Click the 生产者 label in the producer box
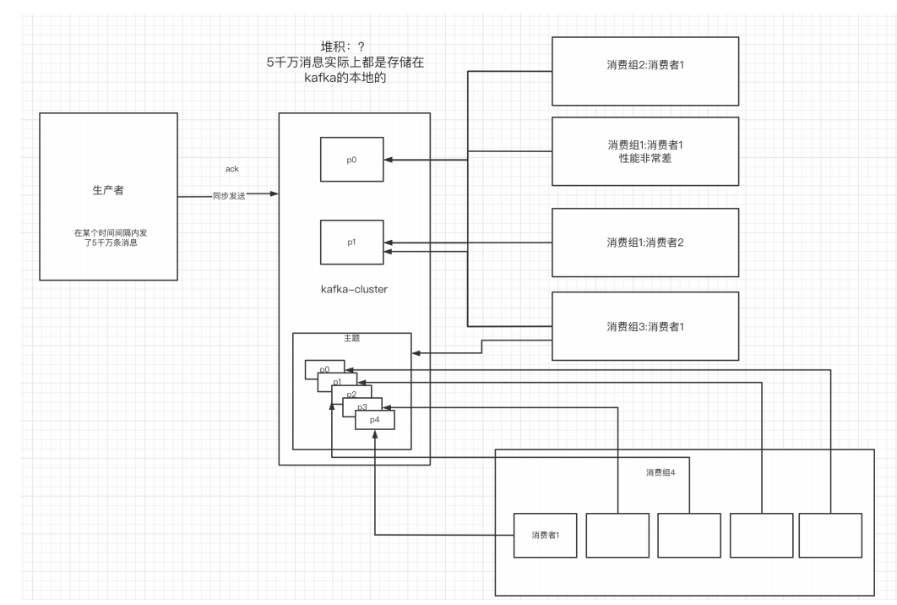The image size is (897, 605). coord(108,191)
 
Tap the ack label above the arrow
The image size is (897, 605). coord(232,169)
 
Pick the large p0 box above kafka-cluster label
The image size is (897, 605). coord(351,159)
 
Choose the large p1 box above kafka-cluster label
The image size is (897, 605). coord(351,241)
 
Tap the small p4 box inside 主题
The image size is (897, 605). coord(375,420)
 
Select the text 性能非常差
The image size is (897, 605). coord(644,159)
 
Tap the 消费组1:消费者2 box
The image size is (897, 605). coord(644,243)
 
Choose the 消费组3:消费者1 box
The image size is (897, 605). coord(644,325)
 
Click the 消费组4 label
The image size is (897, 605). coord(661,472)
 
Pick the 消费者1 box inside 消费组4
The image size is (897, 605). coord(545,535)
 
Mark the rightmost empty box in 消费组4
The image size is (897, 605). coord(831,535)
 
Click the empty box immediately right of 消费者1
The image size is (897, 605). coord(618,535)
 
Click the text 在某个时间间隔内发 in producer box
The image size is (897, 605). coord(108,232)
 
